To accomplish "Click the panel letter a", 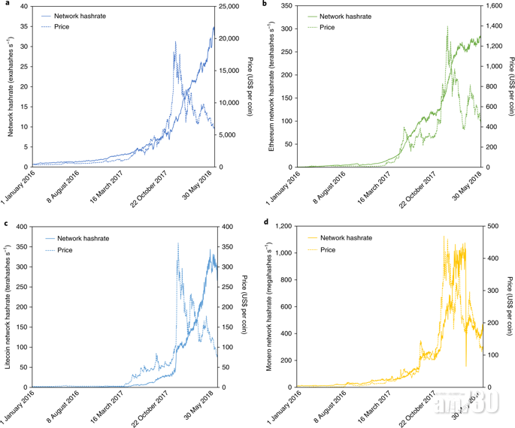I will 5,4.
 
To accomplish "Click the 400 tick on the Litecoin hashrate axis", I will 21,226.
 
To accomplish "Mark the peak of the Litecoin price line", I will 177,243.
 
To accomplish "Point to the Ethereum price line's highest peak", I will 447,26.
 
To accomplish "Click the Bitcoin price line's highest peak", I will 175,41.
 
